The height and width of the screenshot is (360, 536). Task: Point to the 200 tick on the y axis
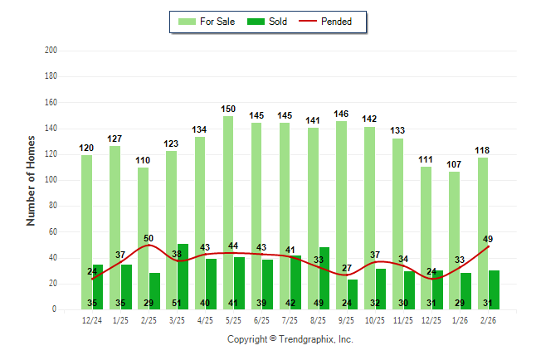click(x=51, y=51)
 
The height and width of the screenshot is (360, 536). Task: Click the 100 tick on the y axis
click(x=51, y=180)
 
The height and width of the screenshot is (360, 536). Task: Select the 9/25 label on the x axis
click(x=347, y=320)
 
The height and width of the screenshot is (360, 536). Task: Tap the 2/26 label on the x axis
click(x=488, y=320)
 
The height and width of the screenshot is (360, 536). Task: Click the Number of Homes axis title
click(x=31, y=180)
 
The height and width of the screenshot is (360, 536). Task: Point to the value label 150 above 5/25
click(x=229, y=109)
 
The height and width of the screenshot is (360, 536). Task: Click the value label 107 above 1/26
click(x=455, y=164)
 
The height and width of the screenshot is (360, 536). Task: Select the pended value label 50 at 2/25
click(x=149, y=238)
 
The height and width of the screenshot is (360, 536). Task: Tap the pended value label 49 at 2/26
click(x=488, y=239)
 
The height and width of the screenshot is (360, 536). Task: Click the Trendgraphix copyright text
click(x=290, y=339)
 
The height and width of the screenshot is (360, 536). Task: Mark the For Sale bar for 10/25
click(x=368, y=216)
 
